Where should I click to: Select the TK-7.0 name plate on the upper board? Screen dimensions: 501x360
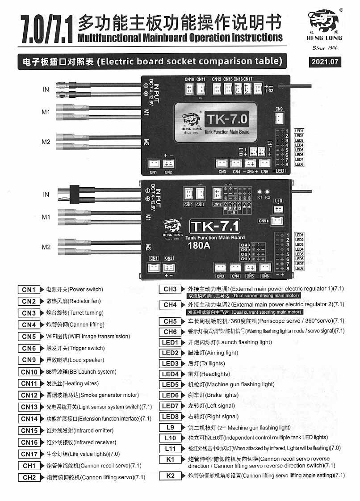click(x=227, y=119)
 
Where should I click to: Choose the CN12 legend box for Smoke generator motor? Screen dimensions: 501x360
click(x=29, y=395)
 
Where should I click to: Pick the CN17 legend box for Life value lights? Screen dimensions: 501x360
click(x=29, y=454)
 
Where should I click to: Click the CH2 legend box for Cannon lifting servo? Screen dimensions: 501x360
click(x=29, y=477)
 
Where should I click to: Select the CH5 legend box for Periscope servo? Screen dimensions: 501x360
click(x=170, y=321)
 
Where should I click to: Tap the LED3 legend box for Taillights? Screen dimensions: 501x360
click(x=170, y=363)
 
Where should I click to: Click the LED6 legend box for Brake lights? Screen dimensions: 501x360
click(x=170, y=395)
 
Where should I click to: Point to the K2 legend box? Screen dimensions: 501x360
click(x=170, y=476)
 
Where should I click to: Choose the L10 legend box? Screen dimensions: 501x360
click(x=170, y=438)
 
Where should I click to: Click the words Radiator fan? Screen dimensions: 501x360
click(x=85, y=301)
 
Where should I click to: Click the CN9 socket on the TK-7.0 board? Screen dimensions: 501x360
click(x=280, y=118)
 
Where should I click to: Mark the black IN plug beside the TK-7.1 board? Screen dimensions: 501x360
click(x=74, y=194)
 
